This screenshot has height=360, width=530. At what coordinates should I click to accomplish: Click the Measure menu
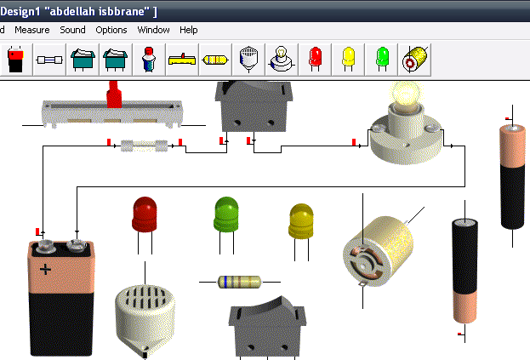(32, 30)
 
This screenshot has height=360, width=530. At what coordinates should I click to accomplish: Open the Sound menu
(73, 30)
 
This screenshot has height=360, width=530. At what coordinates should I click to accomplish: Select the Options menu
(111, 30)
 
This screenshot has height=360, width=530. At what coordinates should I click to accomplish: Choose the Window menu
(154, 30)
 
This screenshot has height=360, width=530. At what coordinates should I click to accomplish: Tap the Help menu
(189, 30)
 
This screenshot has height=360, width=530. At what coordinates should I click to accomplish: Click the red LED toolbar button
(315, 59)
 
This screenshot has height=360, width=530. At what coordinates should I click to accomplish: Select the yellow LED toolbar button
(348, 59)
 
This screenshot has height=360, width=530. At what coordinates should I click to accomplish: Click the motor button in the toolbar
(415, 59)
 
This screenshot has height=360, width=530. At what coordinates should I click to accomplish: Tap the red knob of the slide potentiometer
(113, 93)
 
